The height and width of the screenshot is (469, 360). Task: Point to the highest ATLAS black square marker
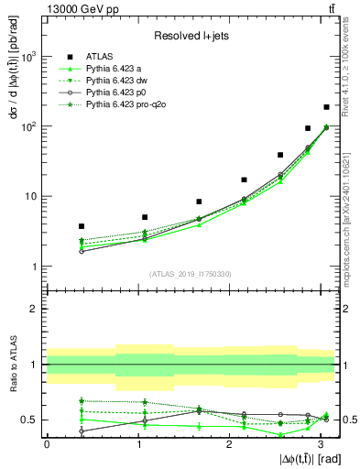click(x=325, y=107)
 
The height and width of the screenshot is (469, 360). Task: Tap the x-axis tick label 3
click(x=318, y=442)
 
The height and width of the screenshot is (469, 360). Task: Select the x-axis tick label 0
click(x=47, y=442)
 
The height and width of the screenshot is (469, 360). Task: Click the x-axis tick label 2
click(x=228, y=442)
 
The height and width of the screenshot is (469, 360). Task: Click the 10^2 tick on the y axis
click(x=29, y=126)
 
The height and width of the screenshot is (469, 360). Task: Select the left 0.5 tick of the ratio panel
click(x=31, y=420)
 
